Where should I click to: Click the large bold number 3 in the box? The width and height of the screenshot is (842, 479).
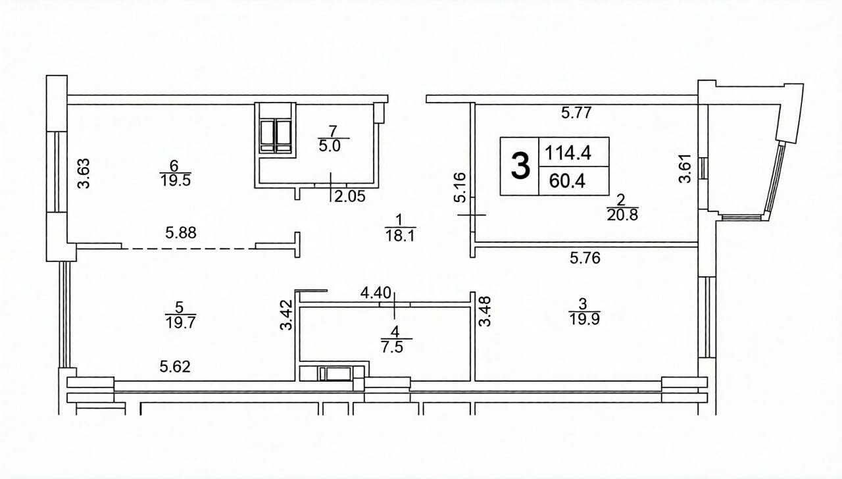[x=520, y=165]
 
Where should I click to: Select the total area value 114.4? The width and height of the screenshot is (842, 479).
[x=568, y=153]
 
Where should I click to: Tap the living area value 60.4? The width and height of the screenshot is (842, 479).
[x=567, y=181]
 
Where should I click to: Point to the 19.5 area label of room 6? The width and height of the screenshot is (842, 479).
[x=176, y=180]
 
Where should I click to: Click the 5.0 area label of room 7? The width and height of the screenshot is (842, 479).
[x=330, y=146]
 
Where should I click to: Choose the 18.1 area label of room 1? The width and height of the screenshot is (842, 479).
[x=399, y=236]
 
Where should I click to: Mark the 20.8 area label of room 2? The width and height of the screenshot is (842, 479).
[x=622, y=215]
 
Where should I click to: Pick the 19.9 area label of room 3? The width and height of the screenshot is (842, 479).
[x=585, y=319]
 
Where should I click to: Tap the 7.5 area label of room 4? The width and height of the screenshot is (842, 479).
[x=392, y=347]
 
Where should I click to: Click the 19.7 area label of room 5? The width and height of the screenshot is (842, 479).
[x=180, y=322]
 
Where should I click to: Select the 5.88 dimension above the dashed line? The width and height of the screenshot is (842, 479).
[x=181, y=233]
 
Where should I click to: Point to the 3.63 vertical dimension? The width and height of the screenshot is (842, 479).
[x=84, y=173]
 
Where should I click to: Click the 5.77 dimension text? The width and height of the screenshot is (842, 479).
[x=577, y=113]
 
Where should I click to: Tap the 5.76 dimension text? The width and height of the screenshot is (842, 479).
[x=585, y=258]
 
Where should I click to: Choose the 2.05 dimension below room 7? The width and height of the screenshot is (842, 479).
[x=349, y=196]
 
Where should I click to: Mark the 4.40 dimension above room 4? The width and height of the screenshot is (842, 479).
[x=376, y=292]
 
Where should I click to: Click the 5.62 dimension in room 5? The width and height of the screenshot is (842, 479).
[x=175, y=366]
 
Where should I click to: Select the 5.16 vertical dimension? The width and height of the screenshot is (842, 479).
[x=460, y=188]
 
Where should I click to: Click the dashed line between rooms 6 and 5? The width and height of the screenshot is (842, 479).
[x=189, y=249]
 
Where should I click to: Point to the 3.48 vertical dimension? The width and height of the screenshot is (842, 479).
[x=485, y=311]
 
